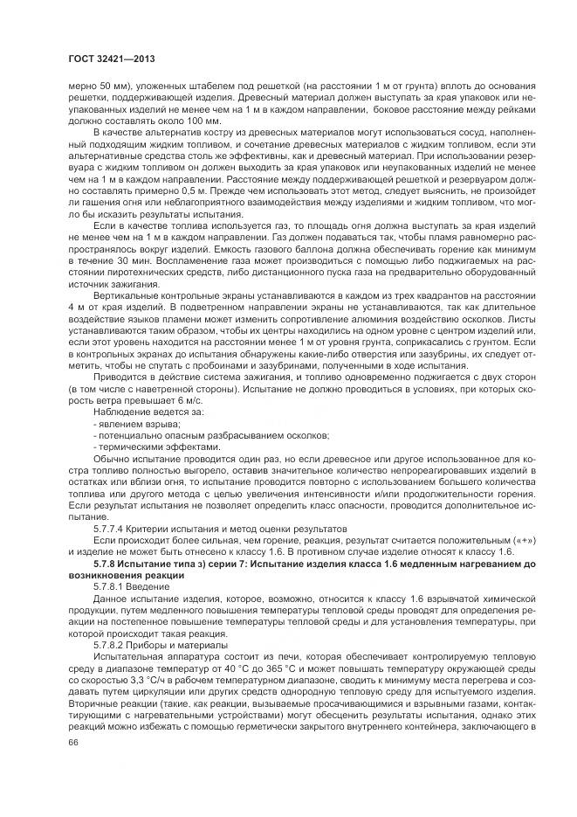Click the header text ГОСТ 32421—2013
coord(105,59)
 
